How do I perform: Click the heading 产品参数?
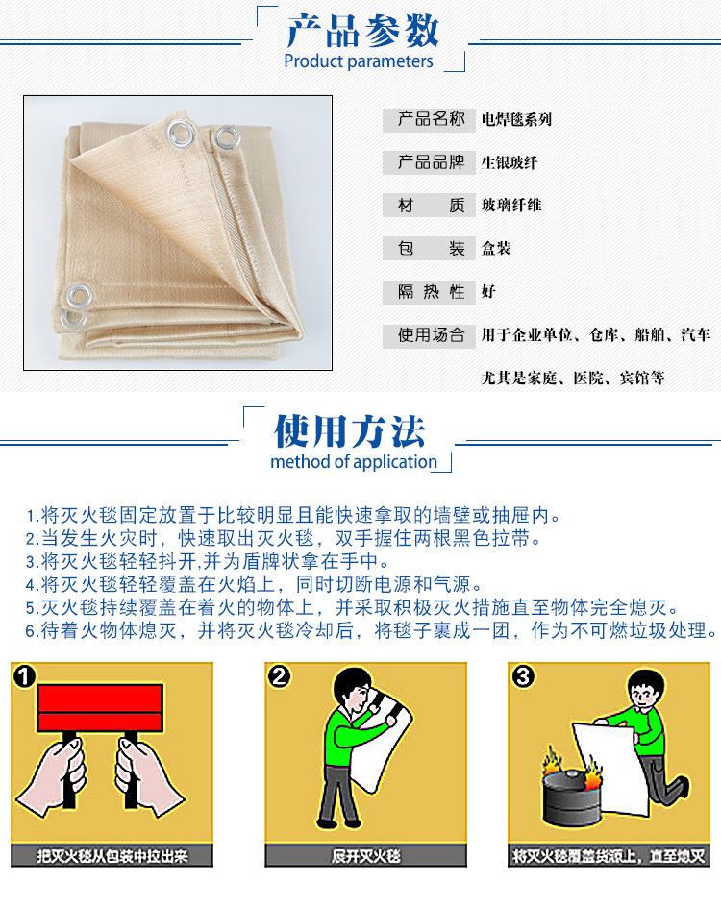click(362, 32)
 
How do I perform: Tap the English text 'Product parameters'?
click(359, 62)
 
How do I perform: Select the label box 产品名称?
click(430, 120)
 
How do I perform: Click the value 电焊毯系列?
click(516, 121)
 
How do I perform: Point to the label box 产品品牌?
click(430, 162)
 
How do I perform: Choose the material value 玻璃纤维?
click(510, 206)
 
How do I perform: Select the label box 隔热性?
click(430, 291)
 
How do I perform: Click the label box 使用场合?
click(430, 334)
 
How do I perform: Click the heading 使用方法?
click(349, 432)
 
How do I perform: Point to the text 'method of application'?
click(354, 462)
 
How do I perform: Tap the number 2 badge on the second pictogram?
click(279, 676)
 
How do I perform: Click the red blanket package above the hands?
click(96, 709)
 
